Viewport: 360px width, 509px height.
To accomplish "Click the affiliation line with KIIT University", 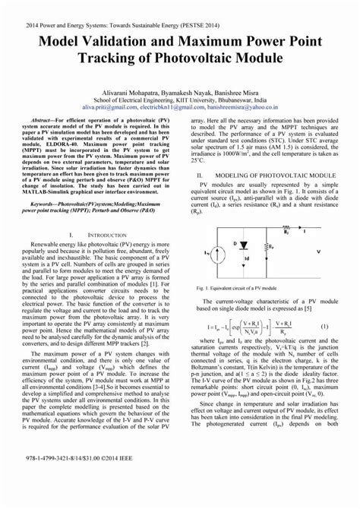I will point(180,100).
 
